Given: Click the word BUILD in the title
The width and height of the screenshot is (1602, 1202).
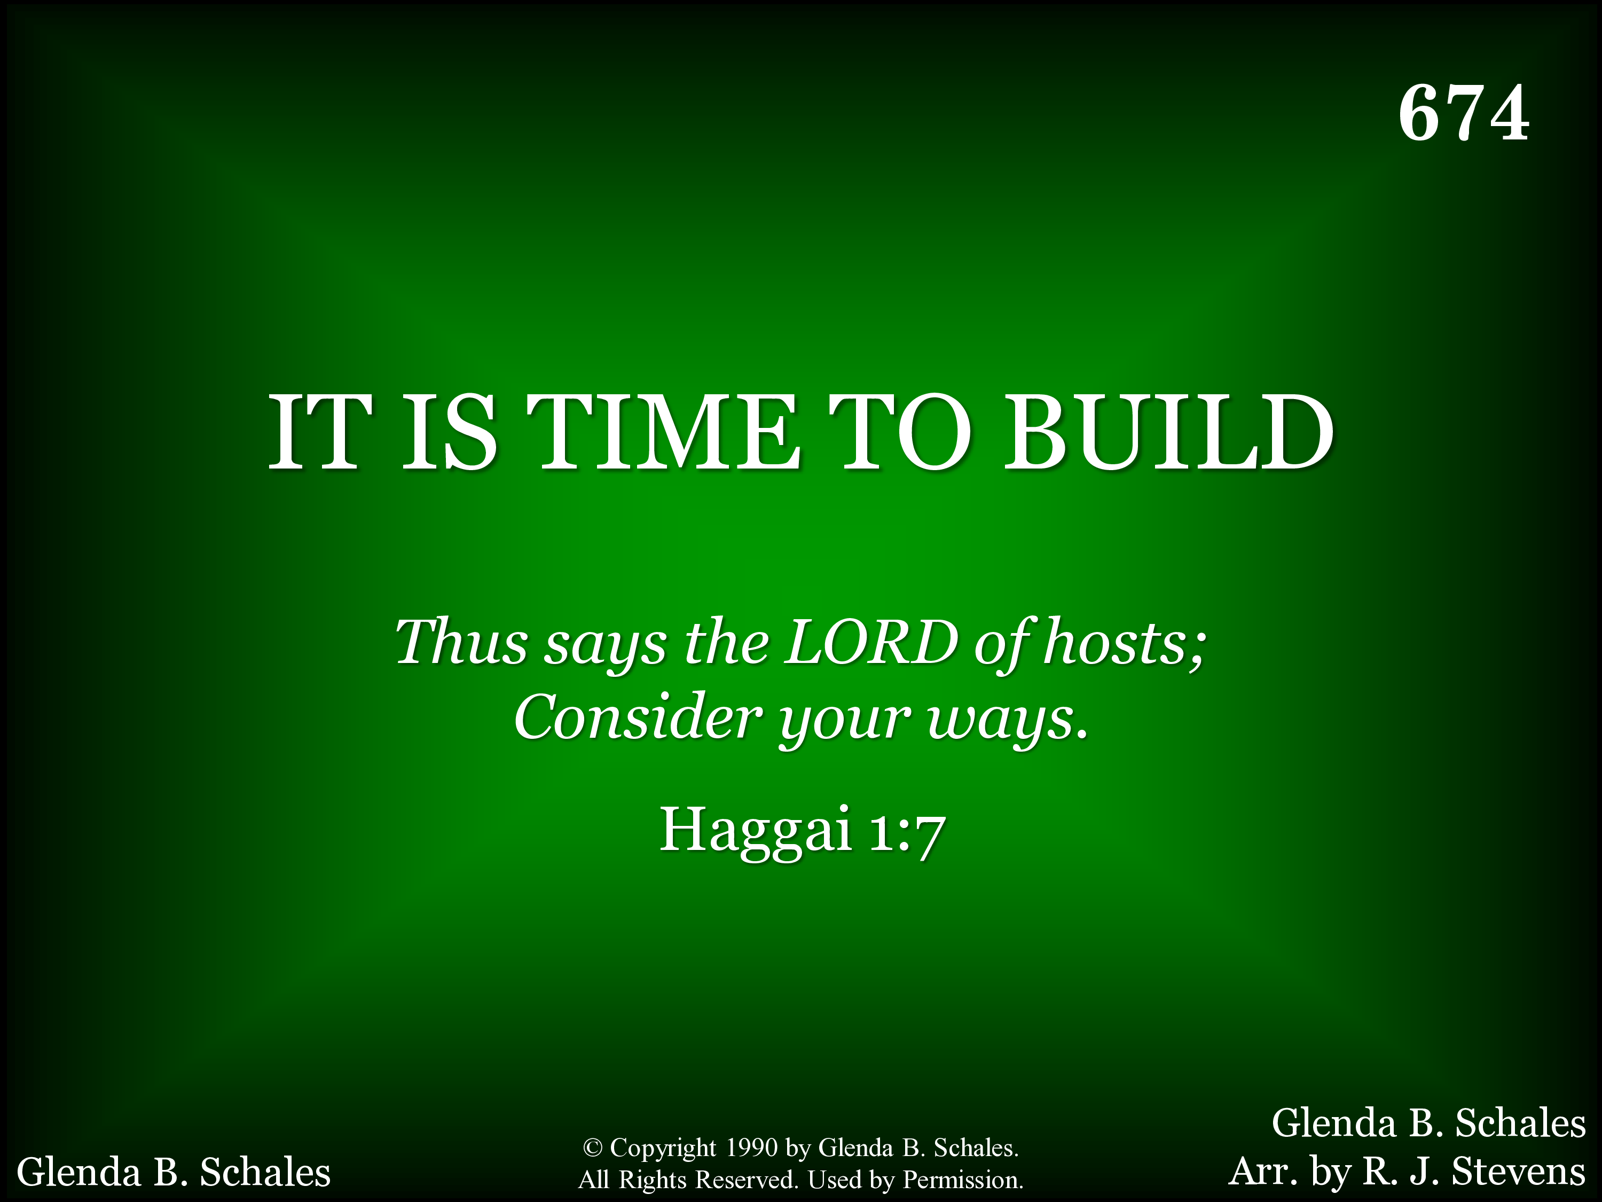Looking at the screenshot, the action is click(1168, 433).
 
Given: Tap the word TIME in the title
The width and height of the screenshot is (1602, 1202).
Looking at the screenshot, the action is click(663, 433).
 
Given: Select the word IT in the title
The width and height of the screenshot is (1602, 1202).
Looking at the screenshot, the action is click(321, 433).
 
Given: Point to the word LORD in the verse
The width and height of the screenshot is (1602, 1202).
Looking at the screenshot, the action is click(871, 642).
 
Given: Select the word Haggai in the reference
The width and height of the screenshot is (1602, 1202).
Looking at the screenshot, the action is click(756, 831).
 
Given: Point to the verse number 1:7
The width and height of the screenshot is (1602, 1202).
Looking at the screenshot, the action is click(907, 833).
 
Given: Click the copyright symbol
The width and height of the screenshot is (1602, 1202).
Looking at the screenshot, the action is click(592, 1149).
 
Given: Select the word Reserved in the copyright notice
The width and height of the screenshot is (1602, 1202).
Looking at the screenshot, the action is click(746, 1180).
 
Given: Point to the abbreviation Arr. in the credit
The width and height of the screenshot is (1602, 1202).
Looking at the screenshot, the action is click(1262, 1172).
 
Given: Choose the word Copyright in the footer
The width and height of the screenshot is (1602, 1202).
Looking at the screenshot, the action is click(663, 1149).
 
